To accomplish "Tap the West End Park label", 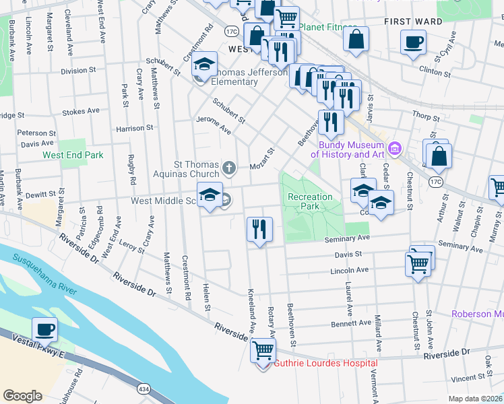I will pyautogui.click(x=73, y=155).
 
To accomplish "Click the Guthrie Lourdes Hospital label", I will pyautogui.click(x=325, y=363).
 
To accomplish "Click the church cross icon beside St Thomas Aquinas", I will pyautogui.click(x=229, y=167).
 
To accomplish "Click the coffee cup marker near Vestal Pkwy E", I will pyautogui.click(x=45, y=330).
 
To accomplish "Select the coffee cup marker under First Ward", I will pyautogui.click(x=413, y=42).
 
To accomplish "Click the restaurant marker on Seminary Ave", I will pyautogui.click(x=259, y=229).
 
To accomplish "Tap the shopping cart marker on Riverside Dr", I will pyautogui.click(x=263, y=350).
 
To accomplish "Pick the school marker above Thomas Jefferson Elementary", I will pyautogui.click(x=204, y=64).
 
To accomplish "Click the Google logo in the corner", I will pyautogui.click(x=22, y=395).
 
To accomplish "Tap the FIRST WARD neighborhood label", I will pyautogui.click(x=413, y=22).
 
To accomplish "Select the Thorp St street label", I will pyautogui.click(x=426, y=117).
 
